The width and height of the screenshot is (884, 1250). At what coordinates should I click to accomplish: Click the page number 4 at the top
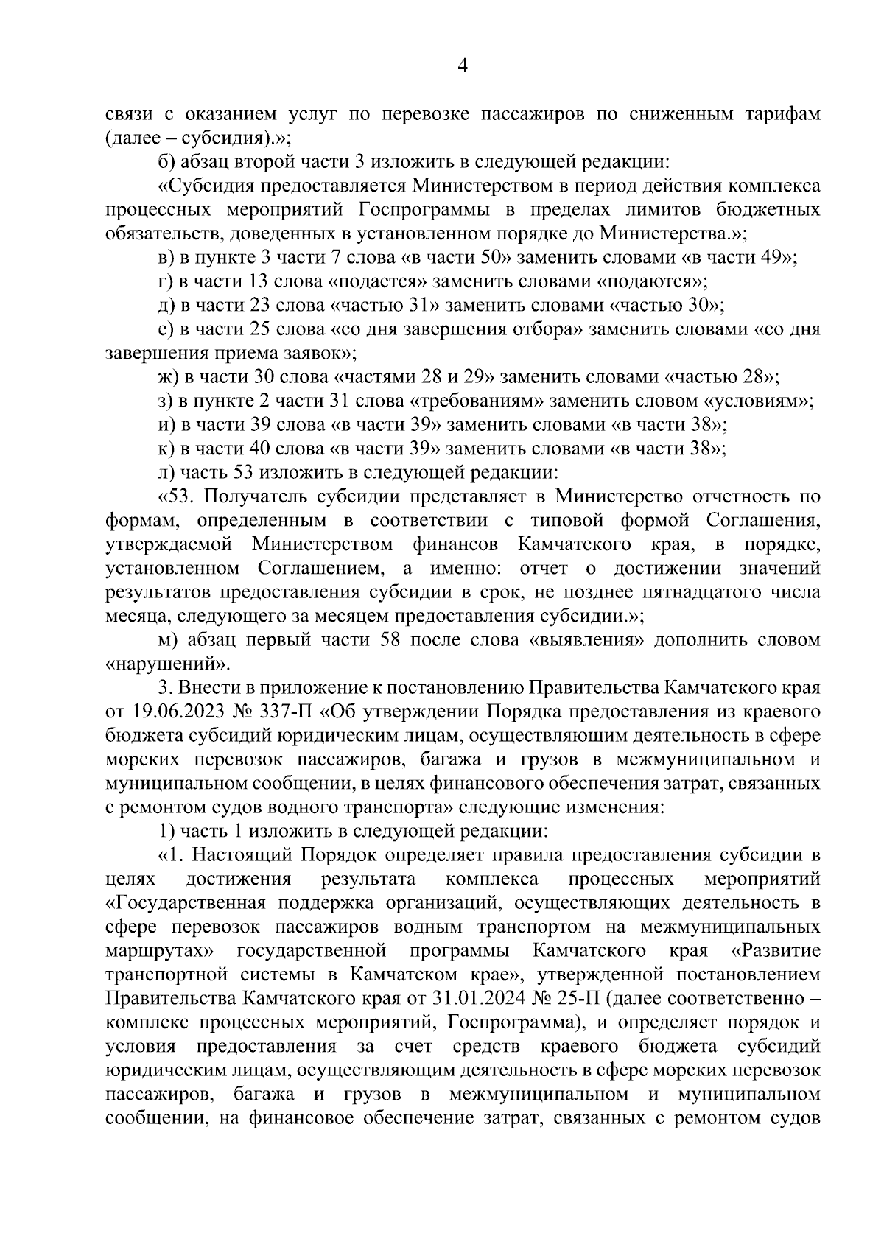(463, 67)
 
